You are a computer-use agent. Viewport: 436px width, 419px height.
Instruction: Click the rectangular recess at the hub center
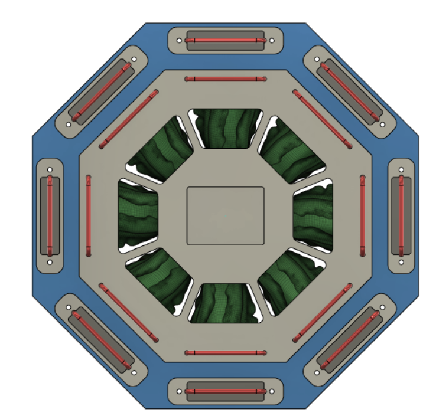pos(225,215)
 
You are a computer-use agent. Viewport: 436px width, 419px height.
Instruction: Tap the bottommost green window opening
pos(226,302)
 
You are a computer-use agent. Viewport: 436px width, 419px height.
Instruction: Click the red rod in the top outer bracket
pos(225,40)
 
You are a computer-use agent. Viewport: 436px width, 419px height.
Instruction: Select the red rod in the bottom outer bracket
pos(225,391)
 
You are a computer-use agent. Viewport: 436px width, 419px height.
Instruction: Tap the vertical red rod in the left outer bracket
pos(50,215)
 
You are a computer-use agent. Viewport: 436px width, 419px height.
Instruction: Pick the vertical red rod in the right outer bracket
pos(401,215)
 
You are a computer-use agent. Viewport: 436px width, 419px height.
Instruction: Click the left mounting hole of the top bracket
pos(180,41)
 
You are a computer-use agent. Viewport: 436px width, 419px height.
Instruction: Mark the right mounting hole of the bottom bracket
pos(271,391)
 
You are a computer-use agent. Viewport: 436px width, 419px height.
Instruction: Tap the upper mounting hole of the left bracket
pos(50,170)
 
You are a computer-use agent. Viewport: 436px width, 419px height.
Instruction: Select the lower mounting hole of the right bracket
pos(401,261)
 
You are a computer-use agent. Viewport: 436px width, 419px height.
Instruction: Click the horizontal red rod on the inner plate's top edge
pos(225,78)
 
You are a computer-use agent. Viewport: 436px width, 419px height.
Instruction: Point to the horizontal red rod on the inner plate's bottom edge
pos(225,353)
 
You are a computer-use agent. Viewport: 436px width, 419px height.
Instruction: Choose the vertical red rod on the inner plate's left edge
pos(88,215)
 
